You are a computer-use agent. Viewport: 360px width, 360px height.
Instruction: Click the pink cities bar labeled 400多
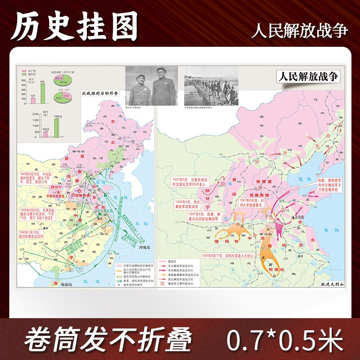[45, 134]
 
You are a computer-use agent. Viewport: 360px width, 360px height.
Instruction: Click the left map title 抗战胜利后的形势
[99, 93]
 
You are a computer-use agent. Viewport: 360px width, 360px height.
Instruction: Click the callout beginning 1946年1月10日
[34, 234]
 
